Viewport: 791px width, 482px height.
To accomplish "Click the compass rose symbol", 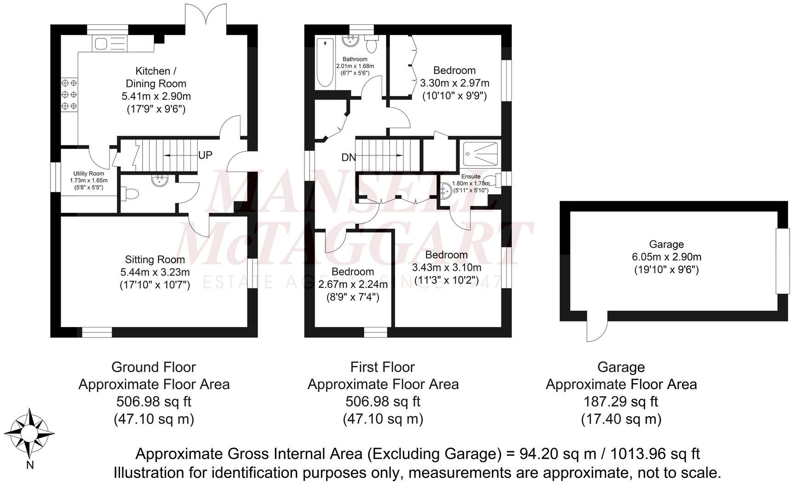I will coord(30,434).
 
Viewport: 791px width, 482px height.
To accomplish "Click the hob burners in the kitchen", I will coord(69,94).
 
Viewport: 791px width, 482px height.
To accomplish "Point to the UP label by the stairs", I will coord(205,155).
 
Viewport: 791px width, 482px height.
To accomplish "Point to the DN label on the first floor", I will coord(349,157).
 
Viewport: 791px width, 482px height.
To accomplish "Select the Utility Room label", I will coord(89,174).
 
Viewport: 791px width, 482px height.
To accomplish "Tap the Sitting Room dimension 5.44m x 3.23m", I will coord(155,272).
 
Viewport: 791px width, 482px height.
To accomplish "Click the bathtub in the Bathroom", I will coord(326,63).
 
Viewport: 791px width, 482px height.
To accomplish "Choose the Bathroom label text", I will coord(355,59).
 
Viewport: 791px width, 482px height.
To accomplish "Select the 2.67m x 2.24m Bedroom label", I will coord(353,284).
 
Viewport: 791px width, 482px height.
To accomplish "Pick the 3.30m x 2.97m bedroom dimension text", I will coord(454,83).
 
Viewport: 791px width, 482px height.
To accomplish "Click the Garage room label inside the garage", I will coord(666,244).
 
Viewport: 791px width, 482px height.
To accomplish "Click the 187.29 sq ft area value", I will coord(620,402).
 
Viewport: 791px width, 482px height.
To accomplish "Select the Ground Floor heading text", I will coord(154,367).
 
